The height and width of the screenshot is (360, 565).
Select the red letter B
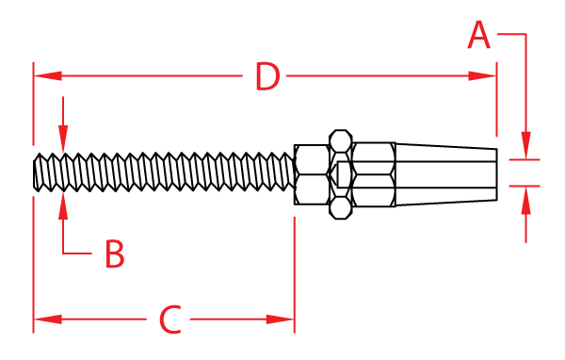click(114, 254)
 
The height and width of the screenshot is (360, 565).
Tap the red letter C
click(169, 320)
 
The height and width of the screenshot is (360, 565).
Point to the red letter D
click(267, 77)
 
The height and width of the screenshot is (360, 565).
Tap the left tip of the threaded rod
click(36, 173)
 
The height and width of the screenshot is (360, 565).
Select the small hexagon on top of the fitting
click(341, 142)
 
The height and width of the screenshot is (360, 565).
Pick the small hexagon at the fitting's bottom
click(341, 207)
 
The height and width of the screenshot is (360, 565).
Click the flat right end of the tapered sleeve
click(495, 173)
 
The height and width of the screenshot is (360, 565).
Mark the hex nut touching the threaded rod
click(312, 174)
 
